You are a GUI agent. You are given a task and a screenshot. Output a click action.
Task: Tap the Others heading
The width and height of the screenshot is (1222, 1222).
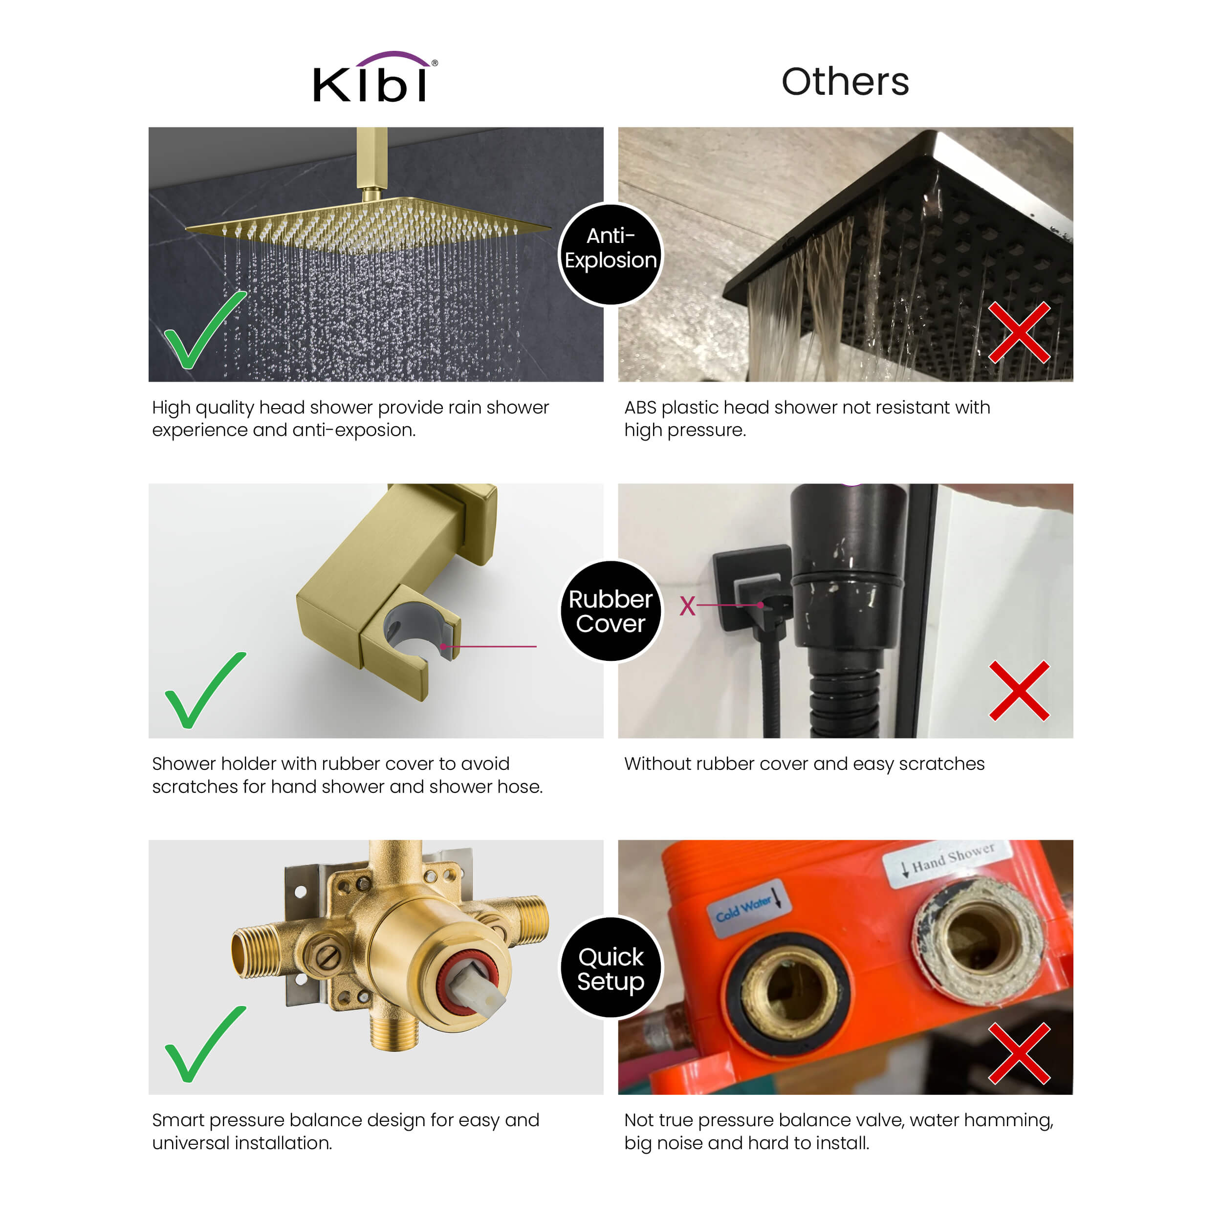[845, 82]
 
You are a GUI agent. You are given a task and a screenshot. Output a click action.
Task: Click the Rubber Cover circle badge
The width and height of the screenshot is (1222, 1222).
[611, 611]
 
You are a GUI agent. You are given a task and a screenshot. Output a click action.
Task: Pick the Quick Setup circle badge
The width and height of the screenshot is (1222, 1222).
[611, 968]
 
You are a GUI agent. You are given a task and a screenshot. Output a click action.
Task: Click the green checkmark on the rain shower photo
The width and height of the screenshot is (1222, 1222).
[204, 330]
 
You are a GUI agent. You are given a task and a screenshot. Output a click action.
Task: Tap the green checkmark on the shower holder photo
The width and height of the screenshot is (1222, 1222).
[204, 690]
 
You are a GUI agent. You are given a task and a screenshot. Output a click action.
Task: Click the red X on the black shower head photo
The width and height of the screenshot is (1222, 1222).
[1019, 332]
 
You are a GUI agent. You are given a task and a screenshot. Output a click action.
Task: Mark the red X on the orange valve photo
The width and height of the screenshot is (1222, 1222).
[1019, 1053]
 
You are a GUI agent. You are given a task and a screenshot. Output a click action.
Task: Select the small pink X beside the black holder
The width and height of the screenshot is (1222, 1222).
[688, 606]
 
